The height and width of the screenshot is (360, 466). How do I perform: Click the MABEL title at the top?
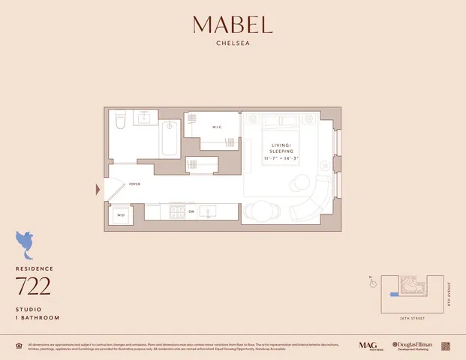coord(233,25)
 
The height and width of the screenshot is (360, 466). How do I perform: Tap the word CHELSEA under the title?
coord(233,43)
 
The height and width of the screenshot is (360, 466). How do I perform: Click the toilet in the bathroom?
coord(120,122)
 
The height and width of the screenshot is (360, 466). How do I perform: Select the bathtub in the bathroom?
coord(169,138)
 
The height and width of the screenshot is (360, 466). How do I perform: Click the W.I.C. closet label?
coord(216,126)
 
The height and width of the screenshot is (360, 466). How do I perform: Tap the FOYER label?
coord(135,184)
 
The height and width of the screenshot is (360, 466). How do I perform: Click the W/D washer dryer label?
coord(120,215)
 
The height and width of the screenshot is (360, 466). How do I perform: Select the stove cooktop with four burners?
coord(177,211)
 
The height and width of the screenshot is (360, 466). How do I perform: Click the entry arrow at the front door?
coord(98,190)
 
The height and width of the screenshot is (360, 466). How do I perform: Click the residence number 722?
coord(33,286)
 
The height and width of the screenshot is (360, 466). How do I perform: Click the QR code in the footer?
coord(445,346)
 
